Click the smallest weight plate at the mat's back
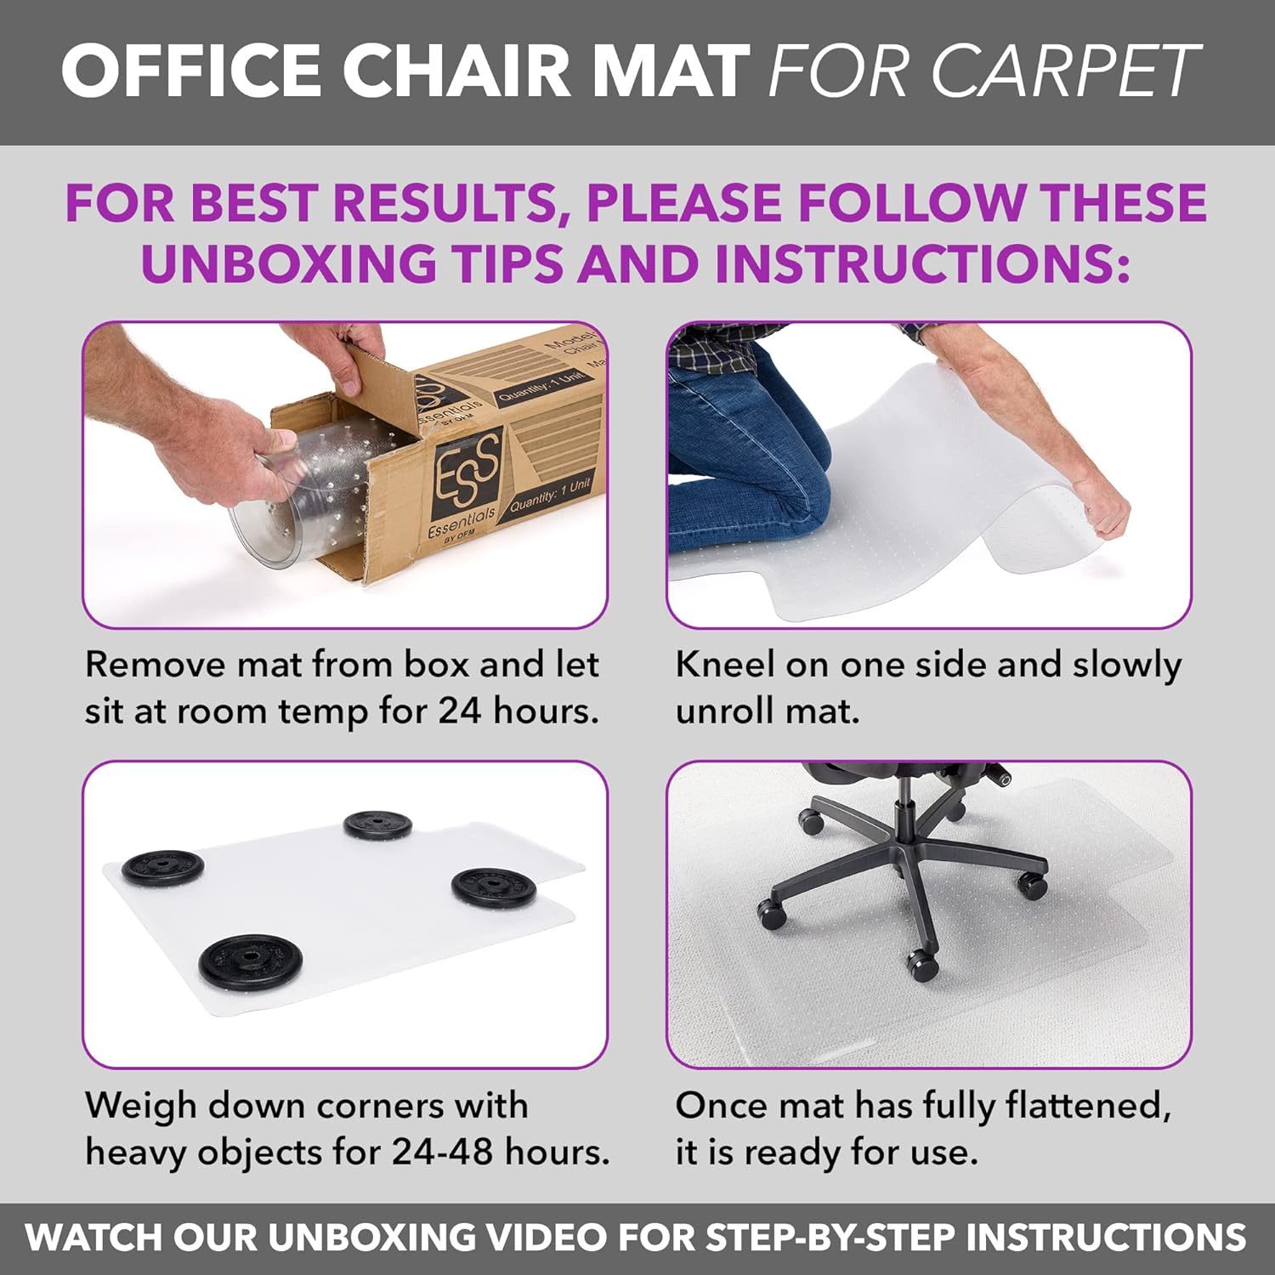[377, 824]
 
